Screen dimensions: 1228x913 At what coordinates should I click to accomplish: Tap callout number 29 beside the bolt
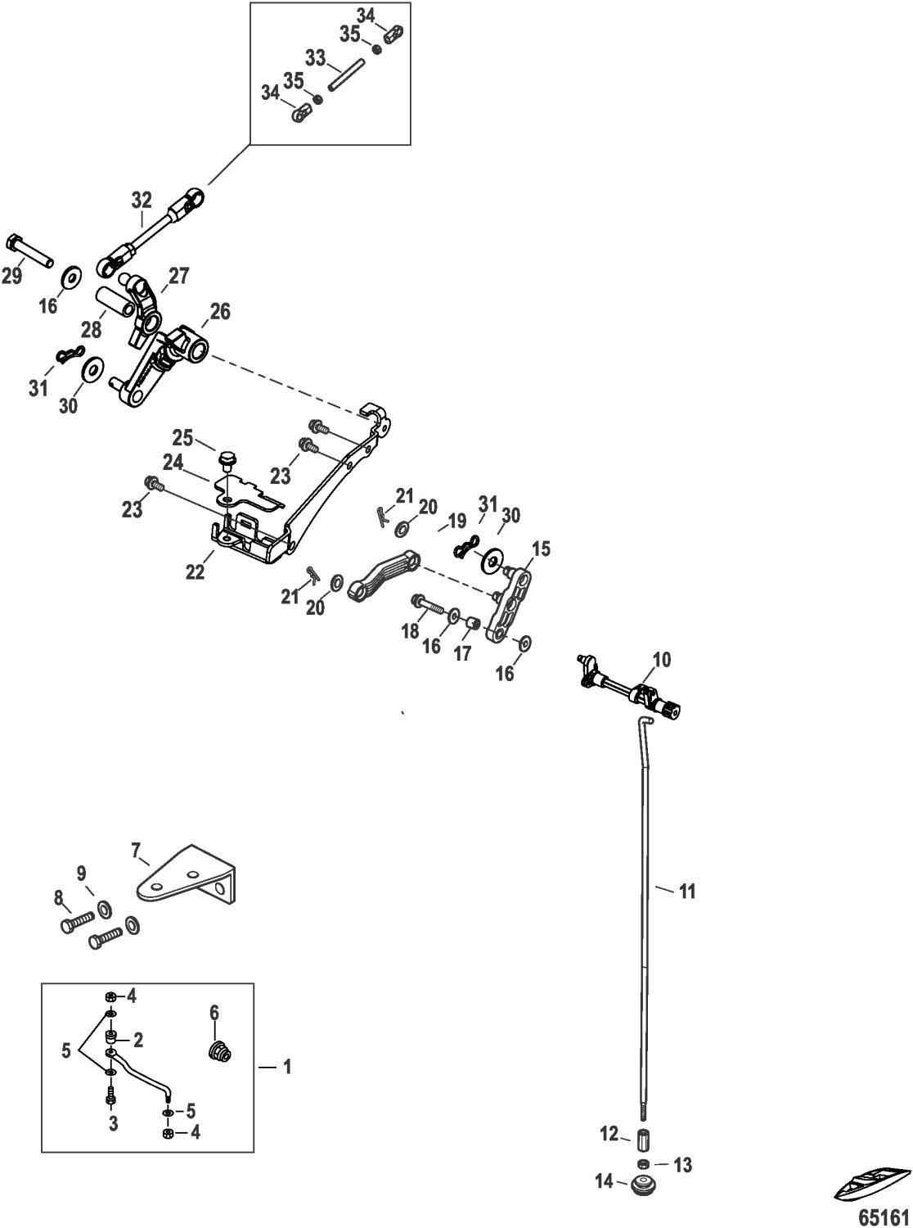[x=11, y=276]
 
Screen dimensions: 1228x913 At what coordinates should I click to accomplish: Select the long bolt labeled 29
[x=30, y=251]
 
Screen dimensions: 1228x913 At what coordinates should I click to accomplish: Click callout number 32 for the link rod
[x=142, y=200]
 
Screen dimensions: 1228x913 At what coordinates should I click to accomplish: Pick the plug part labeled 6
[x=218, y=1050]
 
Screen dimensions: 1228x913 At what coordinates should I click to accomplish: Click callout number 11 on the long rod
[x=687, y=891]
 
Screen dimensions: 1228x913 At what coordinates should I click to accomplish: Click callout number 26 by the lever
[x=220, y=312]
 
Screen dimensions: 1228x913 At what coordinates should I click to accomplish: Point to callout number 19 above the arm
[x=456, y=521]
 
